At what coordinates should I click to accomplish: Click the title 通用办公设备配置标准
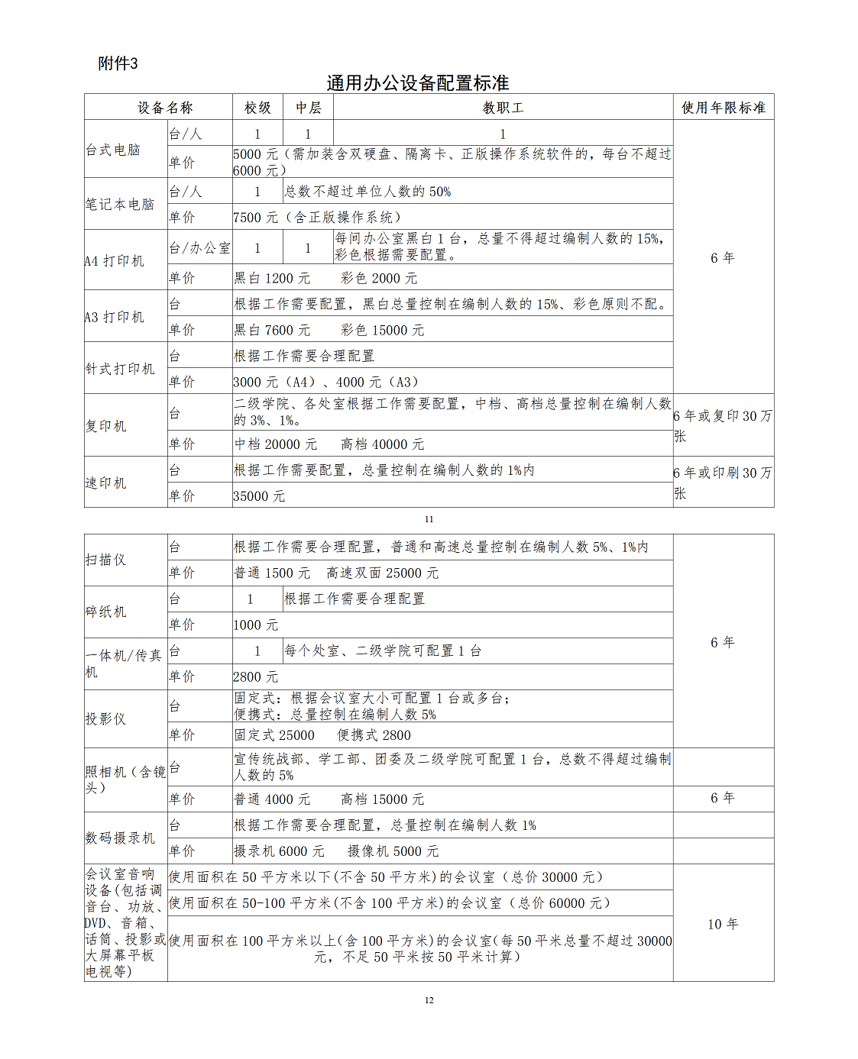[x=417, y=82]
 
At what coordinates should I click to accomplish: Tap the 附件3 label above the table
[x=118, y=63]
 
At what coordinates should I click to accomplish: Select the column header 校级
[x=257, y=108]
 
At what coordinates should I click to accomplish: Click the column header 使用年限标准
[x=723, y=108]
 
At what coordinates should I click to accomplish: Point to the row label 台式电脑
[x=113, y=150]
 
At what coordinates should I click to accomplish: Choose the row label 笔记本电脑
[x=120, y=204]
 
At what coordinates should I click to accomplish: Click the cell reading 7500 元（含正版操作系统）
[x=317, y=218]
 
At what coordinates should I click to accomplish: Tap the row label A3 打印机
[x=115, y=317]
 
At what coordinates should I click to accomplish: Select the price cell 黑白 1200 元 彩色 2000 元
[x=325, y=278]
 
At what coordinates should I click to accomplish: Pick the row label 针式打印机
[x=120, y=369]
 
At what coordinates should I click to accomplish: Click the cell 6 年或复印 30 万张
[x=722, y=425]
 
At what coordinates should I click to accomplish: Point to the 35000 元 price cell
[x=259, y=496]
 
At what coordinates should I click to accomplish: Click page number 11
[x=429, y=519]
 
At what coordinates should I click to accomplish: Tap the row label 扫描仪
[x=105, y=560]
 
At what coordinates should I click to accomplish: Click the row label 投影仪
[x=105, y=718]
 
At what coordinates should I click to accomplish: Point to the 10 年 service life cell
[x=722, y=924]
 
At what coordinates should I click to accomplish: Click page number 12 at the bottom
[x=429, y=1000]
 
